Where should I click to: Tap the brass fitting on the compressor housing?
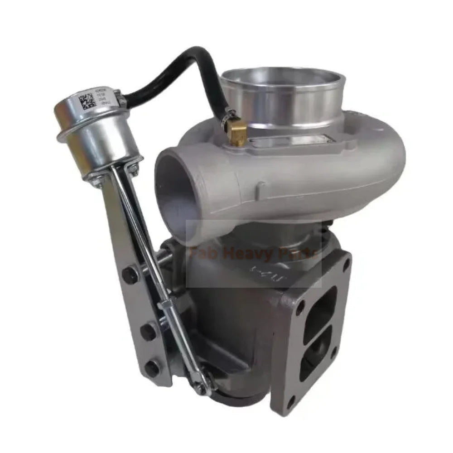(237, 133)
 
